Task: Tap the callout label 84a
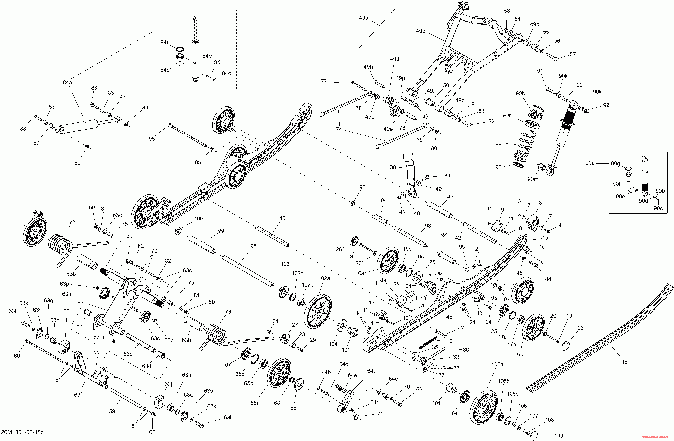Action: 67,82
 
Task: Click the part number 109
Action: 559,436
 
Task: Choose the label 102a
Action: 324,278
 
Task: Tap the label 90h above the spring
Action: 520,94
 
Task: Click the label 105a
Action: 497,364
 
